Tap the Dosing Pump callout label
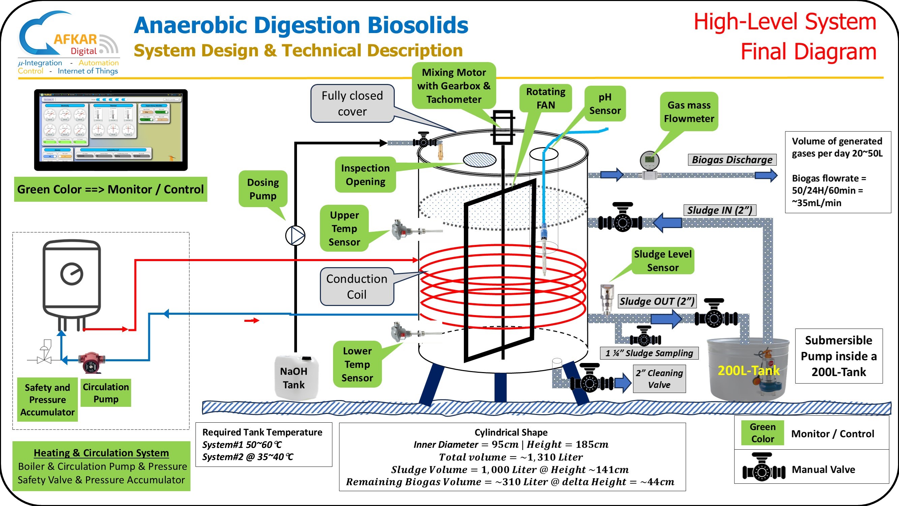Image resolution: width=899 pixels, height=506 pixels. [263, 189]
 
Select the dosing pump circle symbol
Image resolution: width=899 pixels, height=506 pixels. [295, 235]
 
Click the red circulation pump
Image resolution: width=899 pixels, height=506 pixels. [91, 362]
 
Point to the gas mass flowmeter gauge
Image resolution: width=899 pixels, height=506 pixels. [650, 161]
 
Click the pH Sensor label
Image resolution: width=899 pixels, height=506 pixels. [605, 104]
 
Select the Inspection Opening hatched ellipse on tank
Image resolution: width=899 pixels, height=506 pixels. [480, 160]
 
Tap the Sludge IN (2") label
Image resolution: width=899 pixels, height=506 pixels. [719, 210]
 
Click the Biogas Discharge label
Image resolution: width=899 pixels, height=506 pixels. [732, 160]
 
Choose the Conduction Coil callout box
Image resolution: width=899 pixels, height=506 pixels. [357, 286]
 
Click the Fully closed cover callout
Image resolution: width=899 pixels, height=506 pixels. [352, 103]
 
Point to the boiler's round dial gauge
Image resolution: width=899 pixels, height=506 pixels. [71, 274]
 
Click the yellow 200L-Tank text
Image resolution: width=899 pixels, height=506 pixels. [748, 370]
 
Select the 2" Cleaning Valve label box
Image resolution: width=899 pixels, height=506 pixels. [659, 379]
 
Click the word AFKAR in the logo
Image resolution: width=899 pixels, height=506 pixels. [75, 39]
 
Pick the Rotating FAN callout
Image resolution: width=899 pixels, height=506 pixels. [545, 99]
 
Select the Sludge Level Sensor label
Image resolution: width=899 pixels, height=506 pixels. [662, 260]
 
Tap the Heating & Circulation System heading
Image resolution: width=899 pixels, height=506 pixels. [101, 453]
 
